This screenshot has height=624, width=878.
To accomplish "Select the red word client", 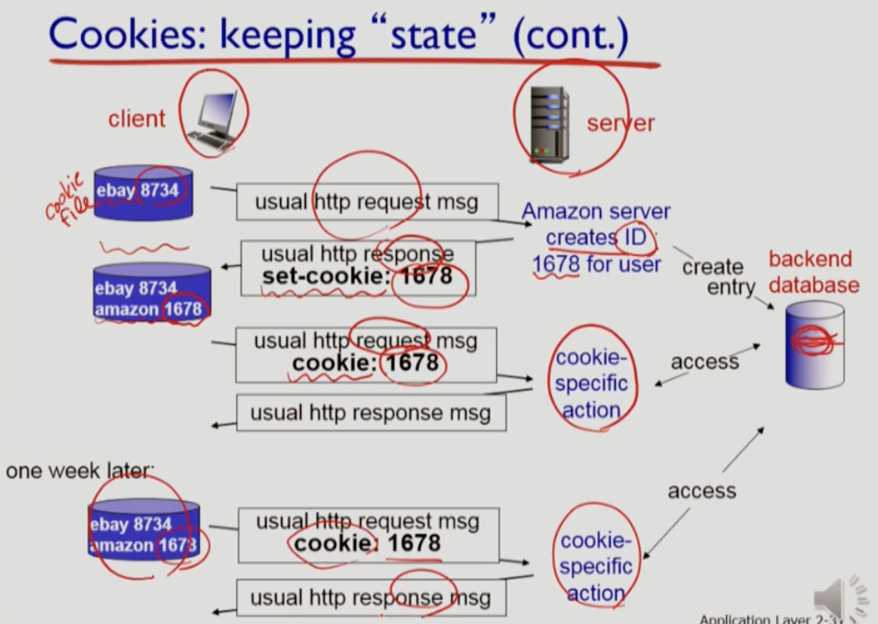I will coord(136,118).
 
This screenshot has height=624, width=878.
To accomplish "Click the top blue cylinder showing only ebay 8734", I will coord(142,193).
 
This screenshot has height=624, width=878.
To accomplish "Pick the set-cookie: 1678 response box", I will coord(357,266).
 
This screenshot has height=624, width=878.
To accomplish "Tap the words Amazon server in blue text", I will coord(595,211).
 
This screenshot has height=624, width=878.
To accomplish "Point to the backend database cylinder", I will coord(814,344).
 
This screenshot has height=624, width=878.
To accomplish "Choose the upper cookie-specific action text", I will coord(591,384).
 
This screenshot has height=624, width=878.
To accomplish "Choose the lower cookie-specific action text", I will coord(595,566).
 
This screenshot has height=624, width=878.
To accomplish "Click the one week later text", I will coord(79,471).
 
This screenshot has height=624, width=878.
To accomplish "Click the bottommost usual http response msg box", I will coord(371,597).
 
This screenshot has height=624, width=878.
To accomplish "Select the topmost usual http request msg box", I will coord(367,202).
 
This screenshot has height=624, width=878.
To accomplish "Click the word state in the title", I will coord(448,34).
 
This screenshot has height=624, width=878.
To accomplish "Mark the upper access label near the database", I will coord(704,362).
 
